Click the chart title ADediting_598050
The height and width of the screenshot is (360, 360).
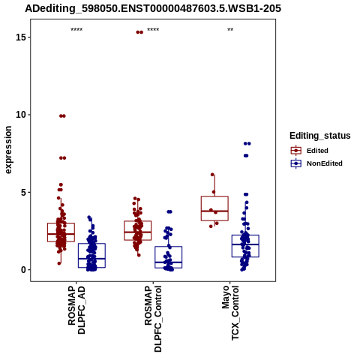click(153, 8)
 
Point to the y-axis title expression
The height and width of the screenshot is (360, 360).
click(8, 150)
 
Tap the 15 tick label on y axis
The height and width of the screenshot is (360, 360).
click(21, 37)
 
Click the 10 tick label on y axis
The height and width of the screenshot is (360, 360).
click(21, 115)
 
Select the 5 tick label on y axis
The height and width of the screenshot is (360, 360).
click(23, 193)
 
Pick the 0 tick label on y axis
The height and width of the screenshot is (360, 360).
click(23, 270)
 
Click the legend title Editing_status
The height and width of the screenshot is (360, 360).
click(320, 136)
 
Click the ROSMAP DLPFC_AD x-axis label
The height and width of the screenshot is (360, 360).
click(76, 310)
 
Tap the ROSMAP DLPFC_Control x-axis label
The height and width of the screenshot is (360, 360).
click(153, 319)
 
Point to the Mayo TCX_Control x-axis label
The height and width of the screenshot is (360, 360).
click(230, 313)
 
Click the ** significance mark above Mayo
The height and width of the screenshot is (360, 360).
click(230, 30)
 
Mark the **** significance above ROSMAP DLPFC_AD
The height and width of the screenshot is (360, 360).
click(76, 30)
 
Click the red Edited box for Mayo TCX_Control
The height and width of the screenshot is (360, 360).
click(214, 208)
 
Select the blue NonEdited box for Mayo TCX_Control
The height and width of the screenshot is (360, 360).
click(245, 246)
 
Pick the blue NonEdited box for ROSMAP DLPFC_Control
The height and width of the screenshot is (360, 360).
click(169, 257)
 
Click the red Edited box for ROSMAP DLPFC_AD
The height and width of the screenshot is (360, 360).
click(61, 232)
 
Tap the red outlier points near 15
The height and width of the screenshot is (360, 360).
click(139, 32)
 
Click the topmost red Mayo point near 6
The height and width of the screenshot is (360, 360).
click(212, 175)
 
